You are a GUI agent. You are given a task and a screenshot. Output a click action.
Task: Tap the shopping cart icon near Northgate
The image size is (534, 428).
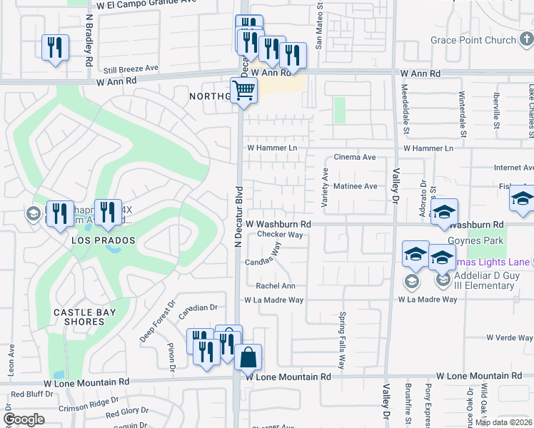tap(244, 91)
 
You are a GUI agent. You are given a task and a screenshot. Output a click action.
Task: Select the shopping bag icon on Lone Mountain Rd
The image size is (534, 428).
tap(248, 357)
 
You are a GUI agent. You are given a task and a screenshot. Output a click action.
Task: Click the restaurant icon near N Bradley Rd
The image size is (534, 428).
tap(55, 48)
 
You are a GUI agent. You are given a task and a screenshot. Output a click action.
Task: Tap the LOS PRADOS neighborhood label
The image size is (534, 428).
tap(104, 240)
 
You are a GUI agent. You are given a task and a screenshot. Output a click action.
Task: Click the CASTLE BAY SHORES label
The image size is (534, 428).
tap(79, 317)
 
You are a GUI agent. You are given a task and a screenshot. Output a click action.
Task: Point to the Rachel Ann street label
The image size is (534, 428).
tap(276, 286)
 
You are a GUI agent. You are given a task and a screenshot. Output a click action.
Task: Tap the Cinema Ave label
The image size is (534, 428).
tap(355, 157)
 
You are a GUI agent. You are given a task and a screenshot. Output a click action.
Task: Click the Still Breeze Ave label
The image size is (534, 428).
tap(131, 68)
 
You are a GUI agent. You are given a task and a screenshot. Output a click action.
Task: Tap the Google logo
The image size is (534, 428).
tap(24, 419)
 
